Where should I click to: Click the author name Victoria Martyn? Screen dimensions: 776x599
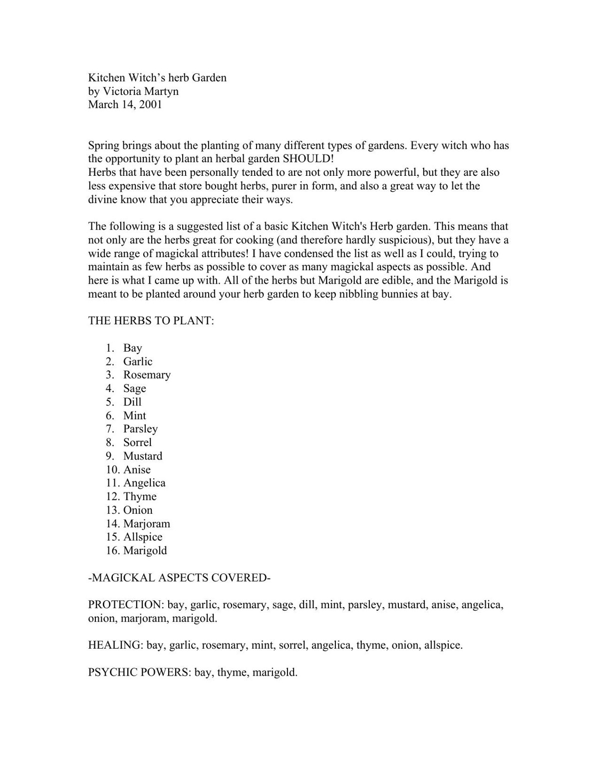click(x=140, y=91)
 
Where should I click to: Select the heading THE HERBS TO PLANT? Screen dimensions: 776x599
click(x=151, y=321)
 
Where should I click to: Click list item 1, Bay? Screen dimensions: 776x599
click(x=132, y=348)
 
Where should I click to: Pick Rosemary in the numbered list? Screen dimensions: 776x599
click(x=147, y=375)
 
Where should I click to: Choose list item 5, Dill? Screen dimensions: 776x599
click(x=132, y=402)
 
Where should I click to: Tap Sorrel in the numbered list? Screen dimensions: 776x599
click(x=137, y=442)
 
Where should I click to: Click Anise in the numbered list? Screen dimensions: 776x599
click(x=137, y=469)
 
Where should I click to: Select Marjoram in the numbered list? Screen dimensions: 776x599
click(x=146, y=524)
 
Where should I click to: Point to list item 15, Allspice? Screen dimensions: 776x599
click(x=143, y=537)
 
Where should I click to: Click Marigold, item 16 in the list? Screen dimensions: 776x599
click(x=145, y=551)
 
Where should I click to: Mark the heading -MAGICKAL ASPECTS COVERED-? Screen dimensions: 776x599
click(x=179, y=578)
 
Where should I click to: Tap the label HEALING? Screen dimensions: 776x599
click(x=115, y=645)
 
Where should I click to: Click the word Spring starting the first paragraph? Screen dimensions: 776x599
click(x=103, y=146)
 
